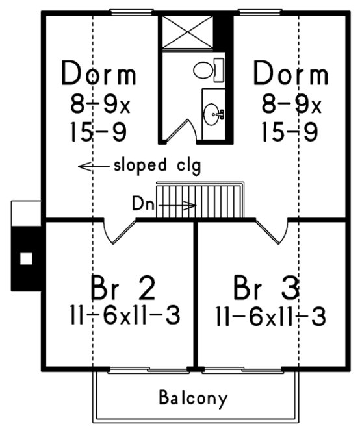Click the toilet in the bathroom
point(208,68)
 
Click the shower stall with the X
point(188,29)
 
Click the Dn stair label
point(142,204)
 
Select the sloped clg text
point(157,165)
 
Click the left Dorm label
point(99,75)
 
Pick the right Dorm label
point(290,75)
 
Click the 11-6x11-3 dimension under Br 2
point(123,316)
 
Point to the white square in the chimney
point(26,258)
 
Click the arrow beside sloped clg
point(92,166)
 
